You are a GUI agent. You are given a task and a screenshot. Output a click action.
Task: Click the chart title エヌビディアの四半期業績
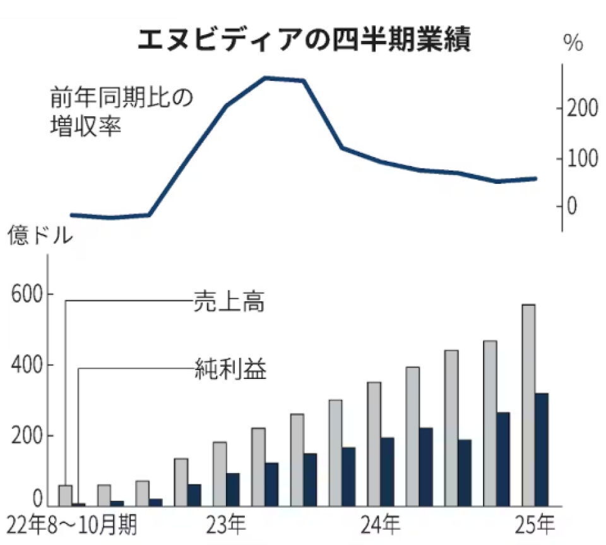point(304,40)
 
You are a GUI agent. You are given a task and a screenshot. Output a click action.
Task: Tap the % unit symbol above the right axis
point(573,45)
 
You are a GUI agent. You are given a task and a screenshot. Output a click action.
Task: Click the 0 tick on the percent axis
point(572,207)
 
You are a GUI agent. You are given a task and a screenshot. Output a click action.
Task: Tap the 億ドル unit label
point(40,237)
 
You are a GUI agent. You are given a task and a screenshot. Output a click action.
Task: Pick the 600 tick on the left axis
point(26,296)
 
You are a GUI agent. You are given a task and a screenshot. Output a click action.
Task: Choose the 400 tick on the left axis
point(26,366)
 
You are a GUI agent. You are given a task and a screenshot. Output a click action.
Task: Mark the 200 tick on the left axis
point(26,436)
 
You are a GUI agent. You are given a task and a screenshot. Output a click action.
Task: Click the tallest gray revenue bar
point(528,405)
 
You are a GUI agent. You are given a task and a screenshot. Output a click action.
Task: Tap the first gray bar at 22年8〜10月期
point(65,496)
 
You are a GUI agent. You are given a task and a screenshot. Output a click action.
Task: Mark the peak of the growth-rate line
point(265,78)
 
